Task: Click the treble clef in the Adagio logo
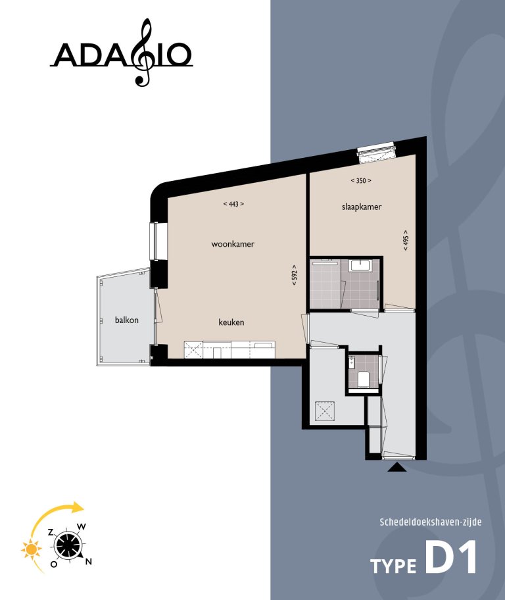(143, 53)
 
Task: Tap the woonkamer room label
(233, 244)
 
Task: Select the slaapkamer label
(362, 207)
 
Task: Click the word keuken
(231, 322)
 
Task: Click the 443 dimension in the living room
(233, 204)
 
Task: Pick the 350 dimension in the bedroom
(361, 180)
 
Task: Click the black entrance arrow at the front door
(397, 467)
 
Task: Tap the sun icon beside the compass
(30, 547)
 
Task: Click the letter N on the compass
(89, 561)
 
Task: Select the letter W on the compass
(82, 526)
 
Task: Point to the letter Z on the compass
(51, 532)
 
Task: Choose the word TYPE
(393, 566)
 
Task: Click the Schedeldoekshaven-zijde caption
(431, 522)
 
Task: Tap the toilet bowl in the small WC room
(363, 378)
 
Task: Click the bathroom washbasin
(361, 266)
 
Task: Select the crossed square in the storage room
(325, 412)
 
